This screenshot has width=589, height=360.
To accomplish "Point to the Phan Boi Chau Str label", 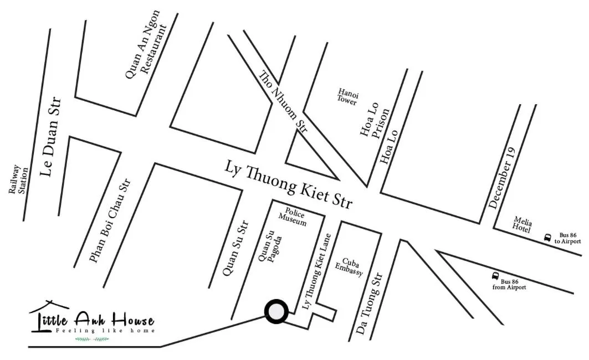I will click(x=110, y=220).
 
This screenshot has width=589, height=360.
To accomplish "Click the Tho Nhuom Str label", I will click(x=283, y=101).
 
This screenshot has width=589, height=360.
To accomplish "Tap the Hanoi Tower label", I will click(x=348, y=96).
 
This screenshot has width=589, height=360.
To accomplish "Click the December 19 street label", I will click(x=503, y=177).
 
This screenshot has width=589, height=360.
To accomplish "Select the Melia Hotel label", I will click(x=523, y=224).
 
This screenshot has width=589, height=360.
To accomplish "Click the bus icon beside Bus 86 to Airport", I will click(x=547, y=238).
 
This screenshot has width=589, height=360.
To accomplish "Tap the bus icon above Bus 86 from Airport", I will click(x=495, y=275).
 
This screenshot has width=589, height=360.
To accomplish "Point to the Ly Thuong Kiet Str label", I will click(x=289, y=184).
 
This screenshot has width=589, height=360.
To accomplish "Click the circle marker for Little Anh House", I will click(x=276, y=312).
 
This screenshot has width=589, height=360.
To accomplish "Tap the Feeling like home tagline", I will click(x=105, y=331).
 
